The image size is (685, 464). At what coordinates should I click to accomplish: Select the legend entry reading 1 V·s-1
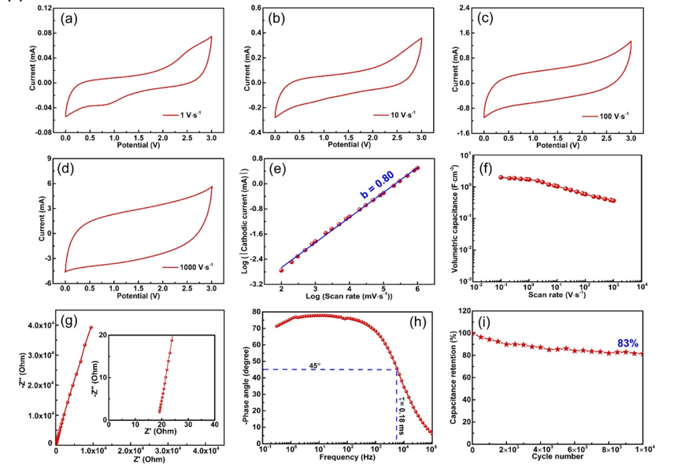193,114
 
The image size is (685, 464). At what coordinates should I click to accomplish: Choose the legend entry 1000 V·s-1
189,266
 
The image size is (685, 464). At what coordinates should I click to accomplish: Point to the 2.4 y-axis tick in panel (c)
465,8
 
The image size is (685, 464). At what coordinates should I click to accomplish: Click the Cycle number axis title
558,457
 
